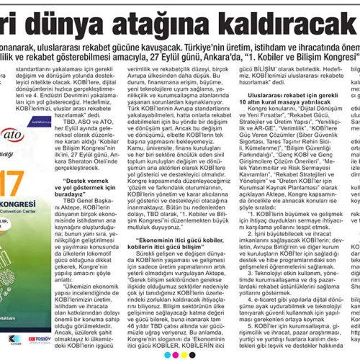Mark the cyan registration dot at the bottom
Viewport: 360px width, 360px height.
click(x=167, y=355)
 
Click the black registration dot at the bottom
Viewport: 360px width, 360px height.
click(x=192, y=355)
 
